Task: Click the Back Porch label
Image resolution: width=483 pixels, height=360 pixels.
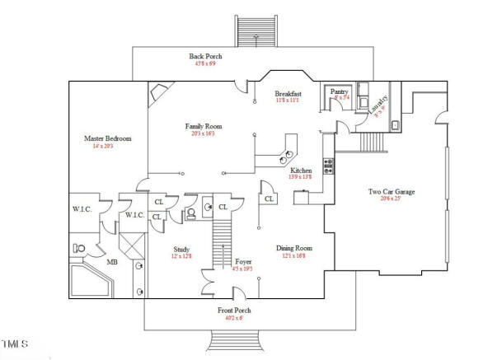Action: point(204,56)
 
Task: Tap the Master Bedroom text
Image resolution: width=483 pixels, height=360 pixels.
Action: point(107,138)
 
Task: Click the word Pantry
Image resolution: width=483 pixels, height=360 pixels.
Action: point(340,91)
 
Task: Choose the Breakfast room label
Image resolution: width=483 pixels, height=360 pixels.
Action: point(288,94)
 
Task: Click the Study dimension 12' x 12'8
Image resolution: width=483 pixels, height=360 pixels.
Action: point(182,256)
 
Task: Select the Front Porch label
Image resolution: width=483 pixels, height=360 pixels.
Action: point(234,311)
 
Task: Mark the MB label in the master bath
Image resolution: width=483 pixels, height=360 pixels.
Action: point(111,263)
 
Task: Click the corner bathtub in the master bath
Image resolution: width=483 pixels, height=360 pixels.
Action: point(86,280)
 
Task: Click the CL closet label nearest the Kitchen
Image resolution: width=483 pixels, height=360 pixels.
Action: point(270,199)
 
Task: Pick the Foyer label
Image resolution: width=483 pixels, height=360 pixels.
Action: point(243,261)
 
